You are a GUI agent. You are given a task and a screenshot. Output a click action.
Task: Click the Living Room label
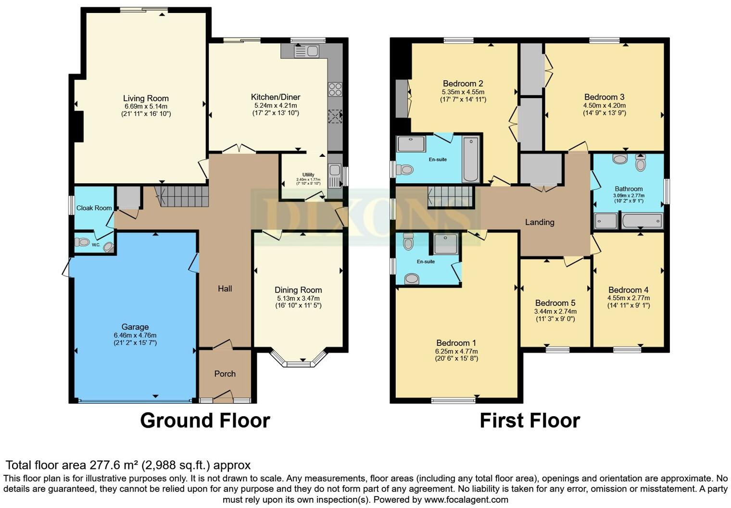tap(146, 98)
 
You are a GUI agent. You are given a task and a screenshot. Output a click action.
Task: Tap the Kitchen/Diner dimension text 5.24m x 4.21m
tap(276, 105)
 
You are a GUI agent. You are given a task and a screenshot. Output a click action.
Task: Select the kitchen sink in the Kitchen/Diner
tap(306, 51)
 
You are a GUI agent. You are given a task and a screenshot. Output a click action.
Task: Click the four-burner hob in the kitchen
tap(335, 89)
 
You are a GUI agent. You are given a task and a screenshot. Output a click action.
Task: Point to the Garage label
tap(135, 327)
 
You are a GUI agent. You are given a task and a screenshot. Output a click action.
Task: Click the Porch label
tap(225, 374)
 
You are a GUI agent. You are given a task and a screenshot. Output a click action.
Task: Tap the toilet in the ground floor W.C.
tap(82, 242)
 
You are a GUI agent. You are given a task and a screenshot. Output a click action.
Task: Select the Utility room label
tap(308, 175)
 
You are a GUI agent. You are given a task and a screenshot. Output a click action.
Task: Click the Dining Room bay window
tap(298, 359)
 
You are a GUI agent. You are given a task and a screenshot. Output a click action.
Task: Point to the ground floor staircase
tap(182, 196)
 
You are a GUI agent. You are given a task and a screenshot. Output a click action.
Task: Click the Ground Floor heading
tap(205, 420)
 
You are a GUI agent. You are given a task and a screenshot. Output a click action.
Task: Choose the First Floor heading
tap(530, 420)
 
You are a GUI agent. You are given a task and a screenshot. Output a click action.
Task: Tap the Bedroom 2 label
tap(463, 84)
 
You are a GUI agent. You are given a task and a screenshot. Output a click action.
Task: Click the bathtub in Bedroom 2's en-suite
tap(470, 159)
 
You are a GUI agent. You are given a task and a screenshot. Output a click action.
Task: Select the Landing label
tap(540, 222)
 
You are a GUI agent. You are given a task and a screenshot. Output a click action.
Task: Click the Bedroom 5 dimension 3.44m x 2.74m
tap(555, 311)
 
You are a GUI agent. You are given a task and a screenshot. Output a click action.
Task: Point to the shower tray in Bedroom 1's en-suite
tap(446, 243)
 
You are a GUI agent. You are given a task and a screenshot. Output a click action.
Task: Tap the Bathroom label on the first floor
tap(629, 189)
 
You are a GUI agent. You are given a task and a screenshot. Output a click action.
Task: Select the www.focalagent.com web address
tap(466, 499)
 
